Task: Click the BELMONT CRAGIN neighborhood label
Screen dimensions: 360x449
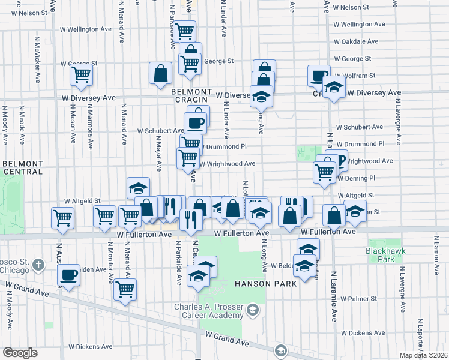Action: coord(191,96)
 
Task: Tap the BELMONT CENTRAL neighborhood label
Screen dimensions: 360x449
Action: coord(23,167)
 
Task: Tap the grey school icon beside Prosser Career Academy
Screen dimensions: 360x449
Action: coord(252,310)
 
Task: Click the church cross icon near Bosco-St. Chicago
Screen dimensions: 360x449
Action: coord(38,265)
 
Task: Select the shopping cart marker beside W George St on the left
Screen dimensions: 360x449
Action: coord(81,75)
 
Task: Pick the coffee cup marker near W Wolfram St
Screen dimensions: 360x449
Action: coord(318,76)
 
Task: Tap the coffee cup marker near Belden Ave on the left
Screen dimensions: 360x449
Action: coord(69,275)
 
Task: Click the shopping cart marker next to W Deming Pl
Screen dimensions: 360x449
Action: coord(325,172)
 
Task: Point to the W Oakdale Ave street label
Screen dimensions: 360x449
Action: coord(356,41)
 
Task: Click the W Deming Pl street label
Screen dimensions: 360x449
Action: coord(356,178)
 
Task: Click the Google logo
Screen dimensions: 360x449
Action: coord(20,352)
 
